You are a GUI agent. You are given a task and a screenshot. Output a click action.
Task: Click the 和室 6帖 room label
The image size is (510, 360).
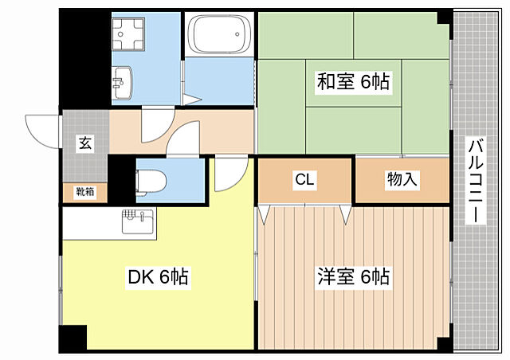[355, 81]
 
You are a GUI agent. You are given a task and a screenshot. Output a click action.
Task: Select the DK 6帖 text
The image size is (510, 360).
[158, 277]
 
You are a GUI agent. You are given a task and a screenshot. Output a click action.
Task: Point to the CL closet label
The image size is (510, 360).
[304, 180]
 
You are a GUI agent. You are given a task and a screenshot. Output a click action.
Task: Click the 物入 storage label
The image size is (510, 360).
[402, 180]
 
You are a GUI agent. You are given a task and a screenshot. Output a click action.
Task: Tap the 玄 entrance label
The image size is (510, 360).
[84, 143]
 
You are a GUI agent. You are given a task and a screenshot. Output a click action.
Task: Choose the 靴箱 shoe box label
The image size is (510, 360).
[85, 192]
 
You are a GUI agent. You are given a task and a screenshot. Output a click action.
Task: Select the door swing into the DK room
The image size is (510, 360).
[231, 170]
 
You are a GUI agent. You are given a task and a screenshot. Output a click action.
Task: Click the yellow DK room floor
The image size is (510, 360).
[159, 311]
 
